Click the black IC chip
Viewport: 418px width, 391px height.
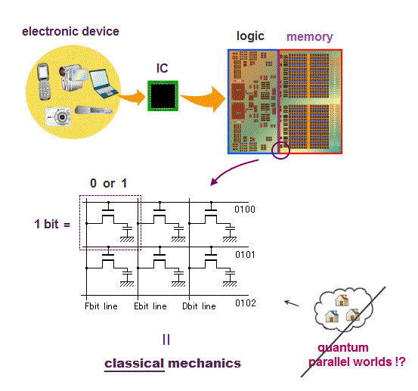point(163,96)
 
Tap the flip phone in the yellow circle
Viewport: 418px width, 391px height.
point(44,82)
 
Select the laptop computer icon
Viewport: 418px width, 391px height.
point(103,83)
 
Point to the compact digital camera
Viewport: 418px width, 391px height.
point(58,116)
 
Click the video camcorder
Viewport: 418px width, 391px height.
point(73,77)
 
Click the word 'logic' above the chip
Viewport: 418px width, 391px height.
point(250,36)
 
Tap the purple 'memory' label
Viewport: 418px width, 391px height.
point(309,36)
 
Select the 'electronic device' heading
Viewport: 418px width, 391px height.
point(70,32)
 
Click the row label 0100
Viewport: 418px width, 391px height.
point(245,209)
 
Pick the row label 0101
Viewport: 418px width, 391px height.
point(245,255)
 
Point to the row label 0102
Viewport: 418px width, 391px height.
point(246,303)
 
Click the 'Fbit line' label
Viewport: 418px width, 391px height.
point(101,306)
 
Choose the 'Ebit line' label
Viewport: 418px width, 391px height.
point(150,306)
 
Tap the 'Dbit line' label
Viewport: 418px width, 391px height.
point(199,306)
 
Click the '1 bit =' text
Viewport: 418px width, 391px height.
point(52,224)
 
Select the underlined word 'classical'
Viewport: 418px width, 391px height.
point(134,363)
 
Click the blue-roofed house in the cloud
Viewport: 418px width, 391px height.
point(332,316)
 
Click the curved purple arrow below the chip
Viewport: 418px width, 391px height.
point(231,169)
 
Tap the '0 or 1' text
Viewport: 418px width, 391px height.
point(109,183)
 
